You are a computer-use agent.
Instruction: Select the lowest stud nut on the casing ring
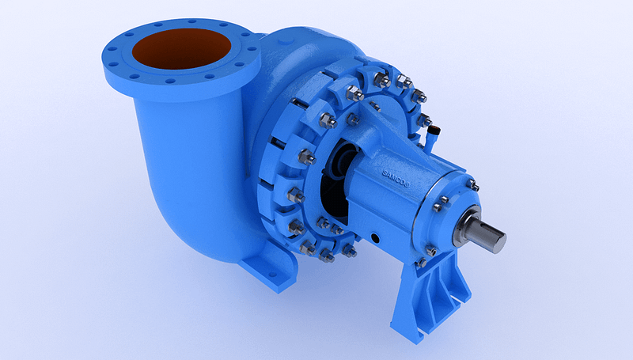coord(327,256)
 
